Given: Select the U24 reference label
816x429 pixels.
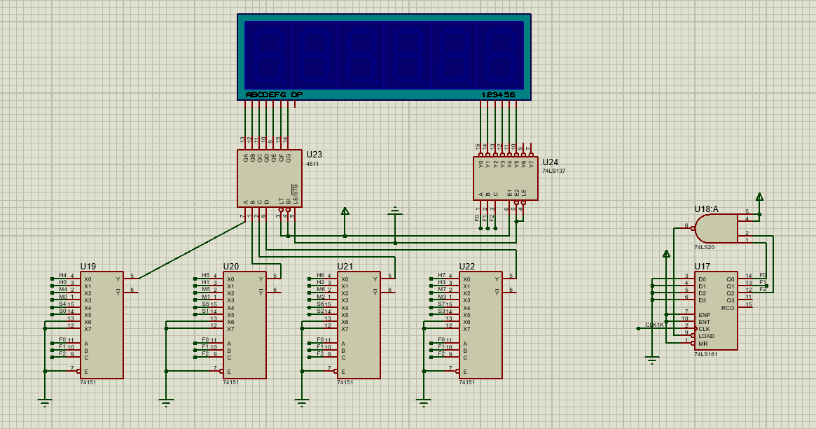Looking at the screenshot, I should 551,162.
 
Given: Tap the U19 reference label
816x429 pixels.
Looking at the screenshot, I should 88,267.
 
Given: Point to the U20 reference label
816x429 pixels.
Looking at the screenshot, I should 231,267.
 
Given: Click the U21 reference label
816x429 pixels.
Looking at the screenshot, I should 345,267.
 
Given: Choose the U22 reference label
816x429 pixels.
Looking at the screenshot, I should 467,267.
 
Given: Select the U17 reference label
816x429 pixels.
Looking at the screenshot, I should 702,267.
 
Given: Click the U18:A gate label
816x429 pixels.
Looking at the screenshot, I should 706,209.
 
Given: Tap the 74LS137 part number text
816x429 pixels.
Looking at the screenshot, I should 553,171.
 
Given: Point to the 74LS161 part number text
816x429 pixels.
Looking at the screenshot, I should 705,355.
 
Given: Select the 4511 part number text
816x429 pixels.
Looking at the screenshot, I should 312,163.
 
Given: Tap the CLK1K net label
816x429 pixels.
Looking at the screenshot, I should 654,325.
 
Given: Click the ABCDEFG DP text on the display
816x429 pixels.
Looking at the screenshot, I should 274,94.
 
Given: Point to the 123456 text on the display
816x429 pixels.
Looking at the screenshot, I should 498,94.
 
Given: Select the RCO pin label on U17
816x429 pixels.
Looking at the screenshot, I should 728,307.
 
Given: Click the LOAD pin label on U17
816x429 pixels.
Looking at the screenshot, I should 706,336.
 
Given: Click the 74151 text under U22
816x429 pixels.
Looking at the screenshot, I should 466,383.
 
